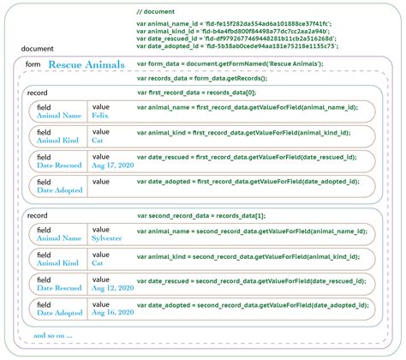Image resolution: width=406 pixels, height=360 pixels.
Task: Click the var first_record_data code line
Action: click(196, 92)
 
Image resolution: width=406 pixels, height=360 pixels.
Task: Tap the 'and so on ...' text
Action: click(53, 334)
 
